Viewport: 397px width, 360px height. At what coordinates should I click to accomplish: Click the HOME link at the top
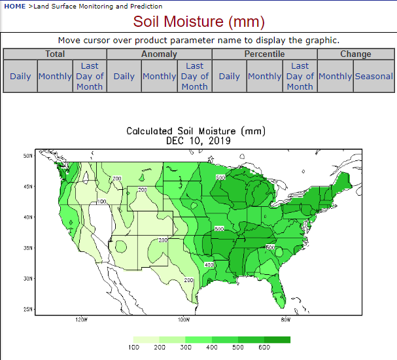[15, 6]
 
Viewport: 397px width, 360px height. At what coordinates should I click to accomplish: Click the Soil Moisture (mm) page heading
[199, 22]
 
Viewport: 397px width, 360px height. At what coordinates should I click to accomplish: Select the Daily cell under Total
[20, 76]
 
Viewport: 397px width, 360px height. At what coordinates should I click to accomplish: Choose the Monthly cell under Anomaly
[160, 76]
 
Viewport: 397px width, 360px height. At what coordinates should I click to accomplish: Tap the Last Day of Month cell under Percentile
[300, 76]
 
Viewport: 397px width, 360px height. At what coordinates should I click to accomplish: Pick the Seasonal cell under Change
[374, 76]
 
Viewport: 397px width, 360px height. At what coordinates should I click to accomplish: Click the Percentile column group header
[264, 54]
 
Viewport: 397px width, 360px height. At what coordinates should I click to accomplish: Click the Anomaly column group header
[159, 54]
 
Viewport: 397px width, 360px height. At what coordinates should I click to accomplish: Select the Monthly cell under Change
[336, 76]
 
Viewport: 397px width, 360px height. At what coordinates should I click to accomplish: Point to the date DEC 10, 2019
[198, 141]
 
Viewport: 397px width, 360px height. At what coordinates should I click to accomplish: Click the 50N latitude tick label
[28, 156]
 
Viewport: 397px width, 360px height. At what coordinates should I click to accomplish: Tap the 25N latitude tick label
[28, 309]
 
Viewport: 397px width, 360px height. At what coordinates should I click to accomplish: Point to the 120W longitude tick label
[81, 320]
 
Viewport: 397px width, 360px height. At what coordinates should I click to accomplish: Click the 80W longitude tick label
[286, 320]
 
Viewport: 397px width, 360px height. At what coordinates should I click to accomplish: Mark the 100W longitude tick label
[184, 320]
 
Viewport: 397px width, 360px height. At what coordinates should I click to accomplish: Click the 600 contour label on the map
[270, 247]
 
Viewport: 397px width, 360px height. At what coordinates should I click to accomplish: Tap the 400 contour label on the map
[209, 264]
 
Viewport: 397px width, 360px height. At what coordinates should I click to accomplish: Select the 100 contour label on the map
[101, 202]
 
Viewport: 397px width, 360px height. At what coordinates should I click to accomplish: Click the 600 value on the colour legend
[264, 348]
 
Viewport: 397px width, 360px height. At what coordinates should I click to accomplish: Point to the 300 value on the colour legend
[186, 348]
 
